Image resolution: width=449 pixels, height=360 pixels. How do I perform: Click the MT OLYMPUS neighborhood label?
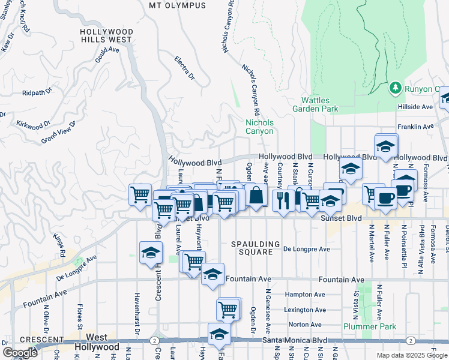(177, 5)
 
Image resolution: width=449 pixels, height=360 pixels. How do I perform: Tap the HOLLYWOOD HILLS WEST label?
(106, 35)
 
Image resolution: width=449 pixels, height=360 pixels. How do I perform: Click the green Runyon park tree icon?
(395, 89)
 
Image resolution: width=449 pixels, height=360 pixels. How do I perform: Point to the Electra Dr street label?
(185, 68)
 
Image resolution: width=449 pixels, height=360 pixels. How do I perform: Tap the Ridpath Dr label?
(37, 93)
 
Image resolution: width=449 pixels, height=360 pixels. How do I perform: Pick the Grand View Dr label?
(58, 131)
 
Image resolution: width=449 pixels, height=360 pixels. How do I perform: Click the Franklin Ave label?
(418, 127)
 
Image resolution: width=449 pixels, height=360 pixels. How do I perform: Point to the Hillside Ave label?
(415, 106)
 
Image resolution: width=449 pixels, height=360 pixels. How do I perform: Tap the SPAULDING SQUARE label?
(256, 248)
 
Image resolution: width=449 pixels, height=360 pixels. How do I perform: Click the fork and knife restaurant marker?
(283, 200)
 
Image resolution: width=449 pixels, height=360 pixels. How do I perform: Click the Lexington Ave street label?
(305, 310)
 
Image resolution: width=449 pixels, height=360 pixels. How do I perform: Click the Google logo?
(20, 352)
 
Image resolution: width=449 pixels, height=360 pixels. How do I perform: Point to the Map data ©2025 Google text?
(411, 355)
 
